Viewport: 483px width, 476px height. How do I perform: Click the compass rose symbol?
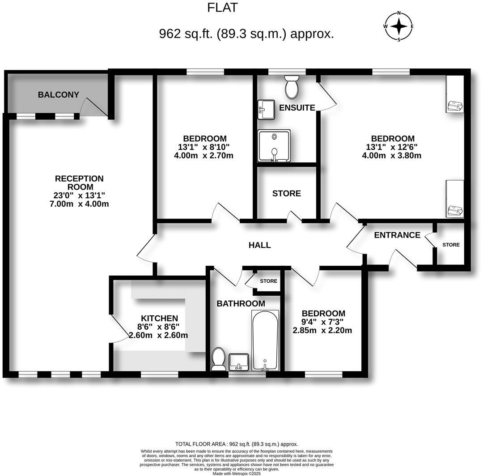(398, 26)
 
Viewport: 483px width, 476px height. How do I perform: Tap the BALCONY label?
(58, 95)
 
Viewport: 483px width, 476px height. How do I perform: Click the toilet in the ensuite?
(292, 87)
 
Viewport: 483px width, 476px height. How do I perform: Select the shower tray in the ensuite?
(274, 146)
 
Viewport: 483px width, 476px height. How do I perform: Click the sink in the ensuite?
(266, 109)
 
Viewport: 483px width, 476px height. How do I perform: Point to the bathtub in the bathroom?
(265, 340)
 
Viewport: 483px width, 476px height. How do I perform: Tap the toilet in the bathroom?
(218, 359)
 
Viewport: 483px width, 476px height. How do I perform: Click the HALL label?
(260, 245)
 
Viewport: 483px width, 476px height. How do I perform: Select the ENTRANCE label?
(397, 235)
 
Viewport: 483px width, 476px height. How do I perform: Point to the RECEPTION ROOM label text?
(79, 183)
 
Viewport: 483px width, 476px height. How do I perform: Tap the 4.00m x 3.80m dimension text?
(391, 156)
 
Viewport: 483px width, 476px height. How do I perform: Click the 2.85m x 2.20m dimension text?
(322, 331)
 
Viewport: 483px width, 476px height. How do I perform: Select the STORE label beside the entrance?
(451, 245)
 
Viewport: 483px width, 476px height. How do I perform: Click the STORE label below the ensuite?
(287, 193)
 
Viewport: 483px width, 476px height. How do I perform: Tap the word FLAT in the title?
(222, 8)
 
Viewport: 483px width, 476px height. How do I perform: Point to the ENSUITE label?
(297, 108)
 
